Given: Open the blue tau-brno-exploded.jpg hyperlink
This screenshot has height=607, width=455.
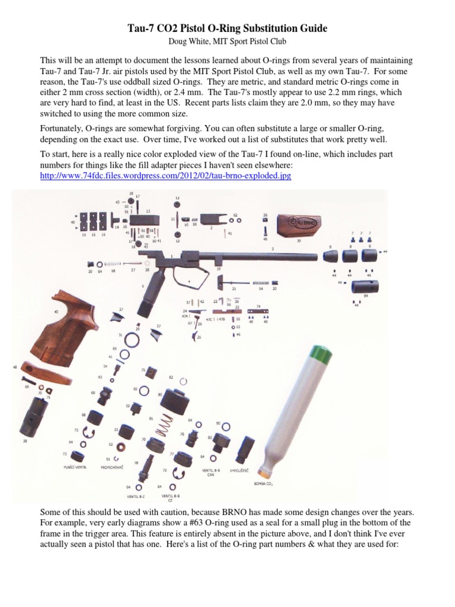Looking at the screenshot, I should [166, 177].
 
